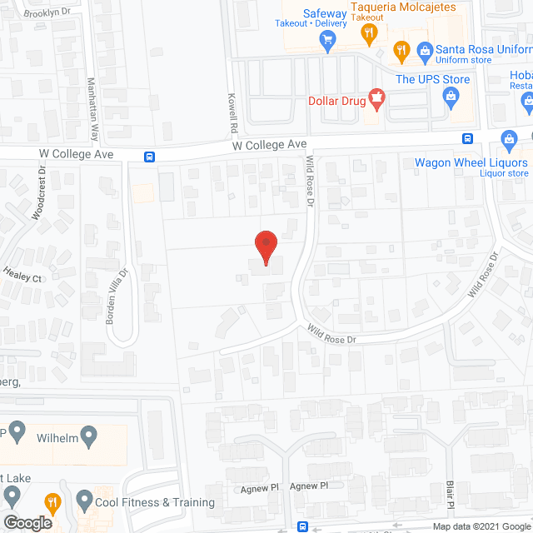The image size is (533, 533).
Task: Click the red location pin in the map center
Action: coord(265,247)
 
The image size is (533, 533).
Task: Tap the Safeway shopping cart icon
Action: coord(327,39)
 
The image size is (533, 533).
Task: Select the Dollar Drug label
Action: coord(337,100)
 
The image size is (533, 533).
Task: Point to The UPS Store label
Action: coord(432,80)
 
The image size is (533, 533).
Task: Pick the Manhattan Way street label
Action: coord(93,109)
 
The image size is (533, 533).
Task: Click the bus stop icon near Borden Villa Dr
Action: coord(149,156)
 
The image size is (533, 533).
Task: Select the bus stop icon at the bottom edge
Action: coord(302,526)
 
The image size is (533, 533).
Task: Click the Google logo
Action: coord(27,522)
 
